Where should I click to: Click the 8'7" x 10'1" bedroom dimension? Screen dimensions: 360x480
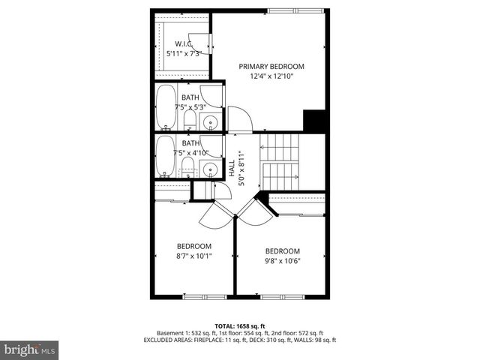click(193, 256)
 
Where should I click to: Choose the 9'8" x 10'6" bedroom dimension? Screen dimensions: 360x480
click(282, 261)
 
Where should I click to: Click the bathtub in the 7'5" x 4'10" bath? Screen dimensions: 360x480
click(166, 155)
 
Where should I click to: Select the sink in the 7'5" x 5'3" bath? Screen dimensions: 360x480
click(211, 122)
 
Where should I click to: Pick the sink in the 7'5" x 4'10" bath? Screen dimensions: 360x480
click(211, 169)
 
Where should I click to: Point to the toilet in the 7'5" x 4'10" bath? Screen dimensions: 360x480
click(188, 166)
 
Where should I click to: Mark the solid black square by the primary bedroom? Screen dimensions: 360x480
click(313, 121)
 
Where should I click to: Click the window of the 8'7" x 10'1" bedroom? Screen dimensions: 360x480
click(205, 297)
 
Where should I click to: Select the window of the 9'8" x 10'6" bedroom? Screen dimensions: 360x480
click(282, 297)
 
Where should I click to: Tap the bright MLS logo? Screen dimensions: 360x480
click(30, 349)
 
